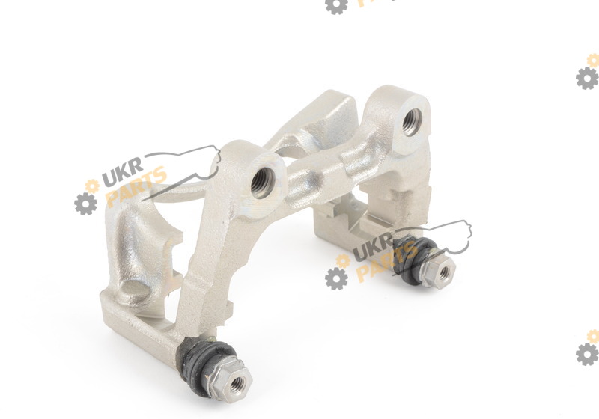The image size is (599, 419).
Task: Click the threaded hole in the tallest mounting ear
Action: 411,122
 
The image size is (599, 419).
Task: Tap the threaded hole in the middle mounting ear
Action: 263,183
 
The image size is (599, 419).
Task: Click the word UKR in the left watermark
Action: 122,172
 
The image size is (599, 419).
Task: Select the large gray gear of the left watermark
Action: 85,204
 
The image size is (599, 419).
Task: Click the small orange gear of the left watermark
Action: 92,186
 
